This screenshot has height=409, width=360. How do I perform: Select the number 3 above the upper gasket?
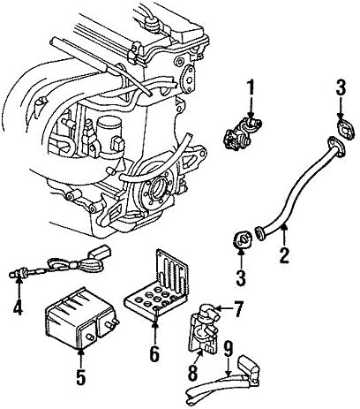340,110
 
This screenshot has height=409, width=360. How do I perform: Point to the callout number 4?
17,308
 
